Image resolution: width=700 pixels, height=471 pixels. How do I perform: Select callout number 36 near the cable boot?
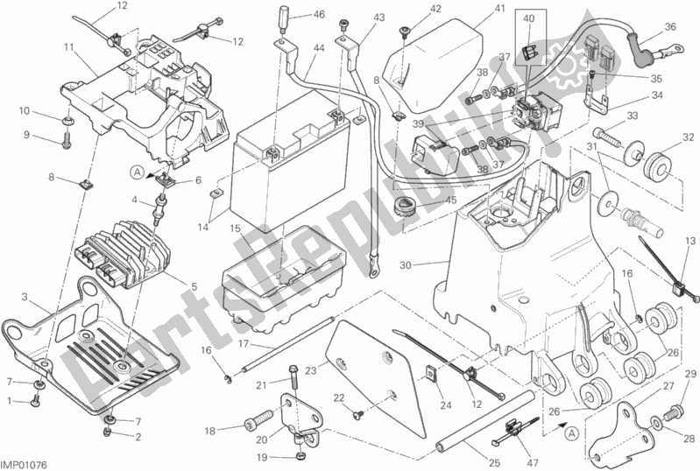670,27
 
